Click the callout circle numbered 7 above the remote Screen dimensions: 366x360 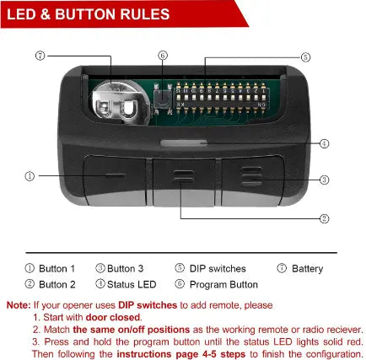[x=40, y=56]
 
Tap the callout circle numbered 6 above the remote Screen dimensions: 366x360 [x=163, y=56]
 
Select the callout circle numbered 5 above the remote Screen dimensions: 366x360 [x=305, y=57]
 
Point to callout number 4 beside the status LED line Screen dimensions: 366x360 [x=325, y=143]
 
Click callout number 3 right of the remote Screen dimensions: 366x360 [x=325, y=180]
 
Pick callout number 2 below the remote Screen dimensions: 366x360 [x=325, y=218]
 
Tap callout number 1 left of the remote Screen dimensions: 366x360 [x=30, y=176]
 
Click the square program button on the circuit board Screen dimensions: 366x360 [x=163, y=99]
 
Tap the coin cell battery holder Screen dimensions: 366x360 [x=118, y=102]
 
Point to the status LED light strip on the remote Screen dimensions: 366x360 [x=183, y=143]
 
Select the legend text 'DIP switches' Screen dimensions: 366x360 [x=218, y=269]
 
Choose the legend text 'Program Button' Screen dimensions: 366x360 [x=223, y=284]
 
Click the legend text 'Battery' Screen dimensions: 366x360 [x=307, y=269]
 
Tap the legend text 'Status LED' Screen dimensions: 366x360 [x=132, y=284]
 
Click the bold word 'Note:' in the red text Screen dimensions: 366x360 [x=19, y=305]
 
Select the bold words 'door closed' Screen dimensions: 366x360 [x=113, y=317]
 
